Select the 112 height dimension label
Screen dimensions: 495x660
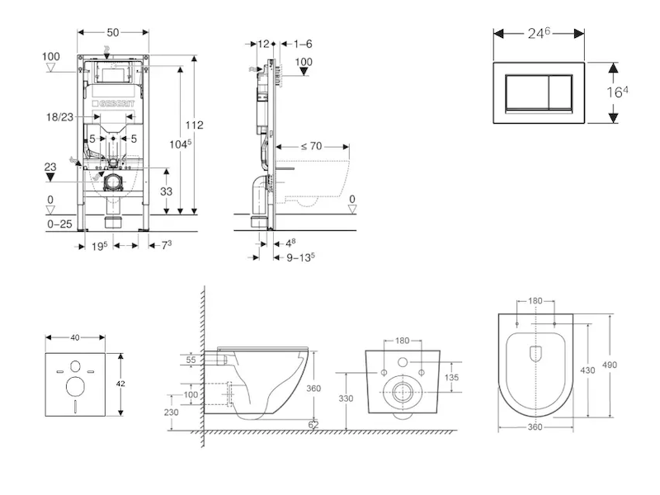pyautogui.click(x=194, y=125)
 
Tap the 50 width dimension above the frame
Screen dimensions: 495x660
pyautogui.click(x=113, y=31)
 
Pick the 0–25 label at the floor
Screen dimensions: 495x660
pyautogui.click(x=59, y=224)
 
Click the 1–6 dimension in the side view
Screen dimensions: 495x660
pyautogui.click(x=302, y=43)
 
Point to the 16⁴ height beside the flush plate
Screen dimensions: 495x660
pyautogui.click(x=618, y=92)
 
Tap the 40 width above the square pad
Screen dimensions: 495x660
pyautogui.click(x=75, y=337)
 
